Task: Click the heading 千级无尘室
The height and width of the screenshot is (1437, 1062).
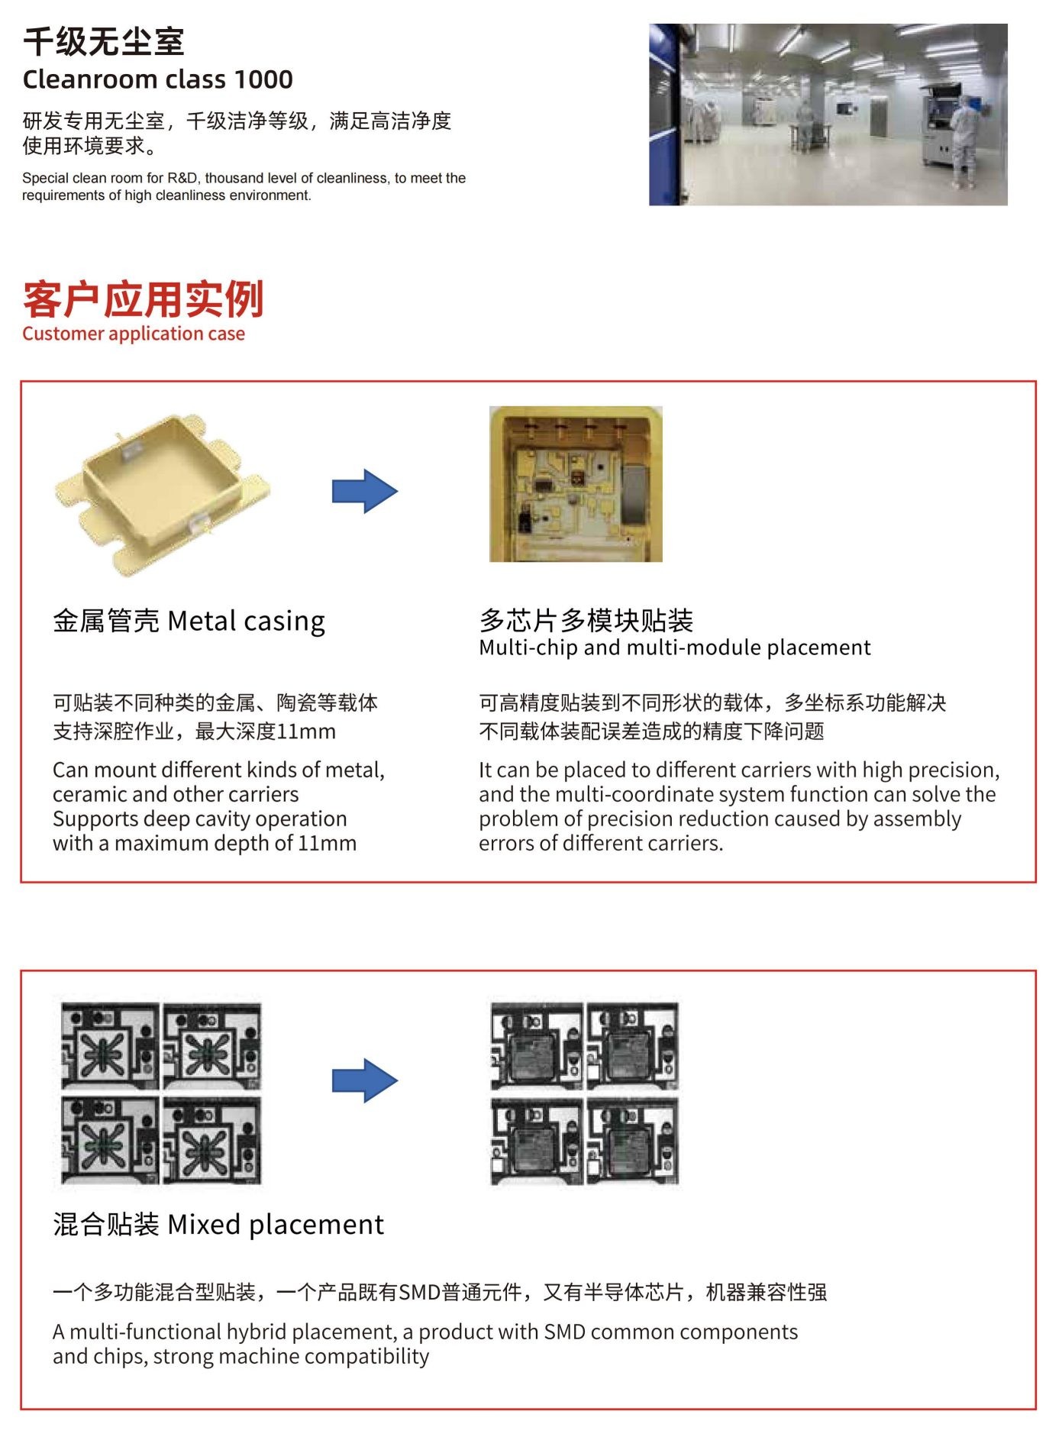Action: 104,41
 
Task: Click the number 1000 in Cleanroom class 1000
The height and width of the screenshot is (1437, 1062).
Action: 263,79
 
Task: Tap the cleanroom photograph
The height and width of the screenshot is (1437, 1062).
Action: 828,115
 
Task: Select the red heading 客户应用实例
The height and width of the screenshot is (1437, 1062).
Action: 144,299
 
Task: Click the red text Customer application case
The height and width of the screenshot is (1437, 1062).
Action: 134,334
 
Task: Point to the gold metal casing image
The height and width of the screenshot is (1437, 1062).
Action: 163,495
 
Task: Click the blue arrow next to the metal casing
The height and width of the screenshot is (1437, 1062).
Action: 365,491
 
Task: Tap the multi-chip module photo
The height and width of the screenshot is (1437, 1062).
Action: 576,484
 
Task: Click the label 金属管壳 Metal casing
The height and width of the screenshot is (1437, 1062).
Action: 189,621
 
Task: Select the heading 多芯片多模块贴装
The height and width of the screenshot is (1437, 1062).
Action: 586,620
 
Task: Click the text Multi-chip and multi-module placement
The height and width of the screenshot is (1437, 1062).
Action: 675,647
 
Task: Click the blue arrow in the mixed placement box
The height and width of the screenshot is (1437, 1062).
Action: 365,1080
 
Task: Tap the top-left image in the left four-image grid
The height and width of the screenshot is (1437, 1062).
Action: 111,1047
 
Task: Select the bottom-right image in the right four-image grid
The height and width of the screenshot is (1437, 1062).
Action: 632,1142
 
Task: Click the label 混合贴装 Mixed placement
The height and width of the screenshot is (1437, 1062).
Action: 218,1224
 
